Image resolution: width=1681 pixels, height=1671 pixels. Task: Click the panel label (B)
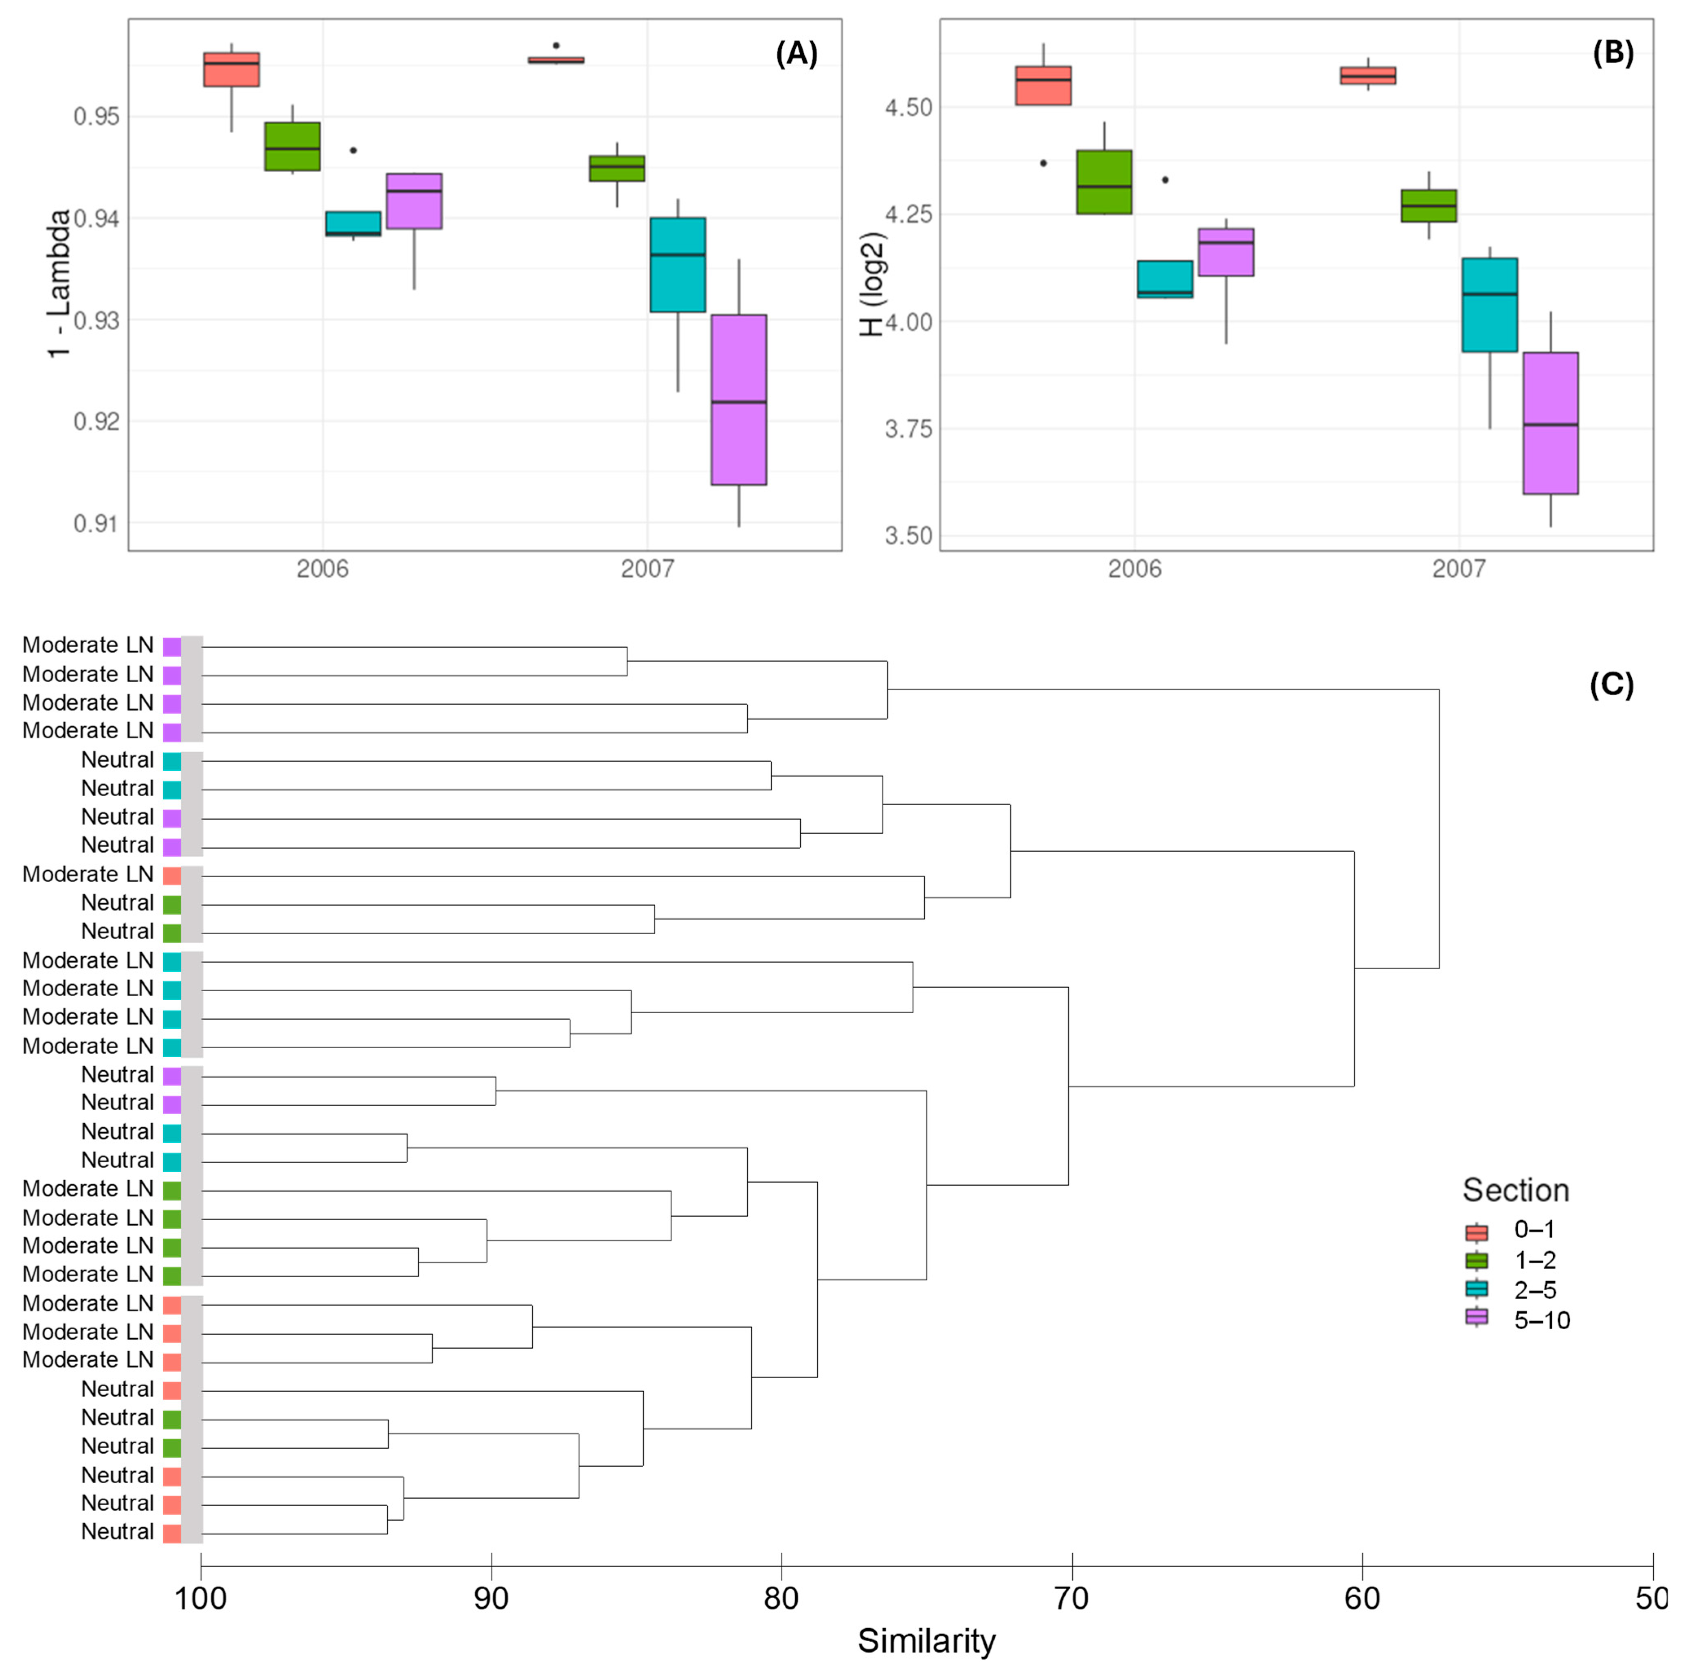point(1612,54)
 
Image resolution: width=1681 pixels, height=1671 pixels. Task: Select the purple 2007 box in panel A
point(739,400)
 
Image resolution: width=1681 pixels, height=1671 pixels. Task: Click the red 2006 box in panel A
point(231,70)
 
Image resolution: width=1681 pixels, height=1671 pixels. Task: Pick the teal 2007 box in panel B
point(1490,305)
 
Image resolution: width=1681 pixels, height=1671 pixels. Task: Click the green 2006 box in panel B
point(1104,182)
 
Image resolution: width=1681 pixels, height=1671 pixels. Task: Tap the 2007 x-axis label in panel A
point(647,569)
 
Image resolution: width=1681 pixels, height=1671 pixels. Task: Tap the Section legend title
point(1515,1190)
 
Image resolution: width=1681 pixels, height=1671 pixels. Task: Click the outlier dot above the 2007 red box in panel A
point(556,45)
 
